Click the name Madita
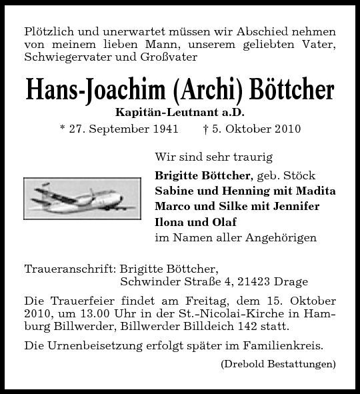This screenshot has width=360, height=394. coord(314,191)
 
